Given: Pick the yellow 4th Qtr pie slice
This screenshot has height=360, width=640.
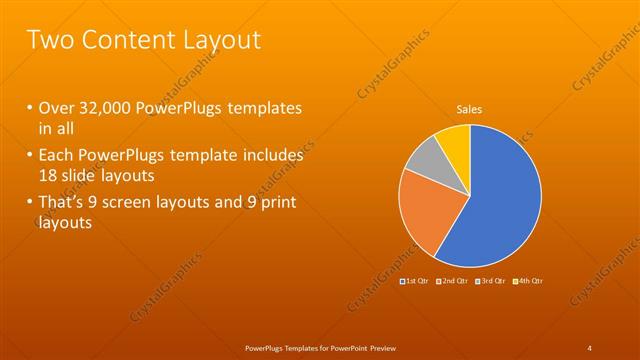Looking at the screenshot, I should coord(454,141).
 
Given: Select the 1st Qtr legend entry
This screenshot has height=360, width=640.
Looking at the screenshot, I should coord(415,283).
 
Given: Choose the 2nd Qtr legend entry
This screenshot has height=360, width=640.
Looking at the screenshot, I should coord(454,283).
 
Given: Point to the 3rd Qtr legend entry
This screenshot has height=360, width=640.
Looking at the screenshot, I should coord(492,283).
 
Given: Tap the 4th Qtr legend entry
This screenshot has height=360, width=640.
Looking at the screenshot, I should coord(530,283).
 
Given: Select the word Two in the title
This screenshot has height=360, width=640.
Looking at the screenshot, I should coord(48,40).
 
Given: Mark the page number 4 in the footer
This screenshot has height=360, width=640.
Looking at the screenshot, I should coord(589,347).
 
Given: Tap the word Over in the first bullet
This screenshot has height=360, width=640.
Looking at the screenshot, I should coord(58,108).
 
